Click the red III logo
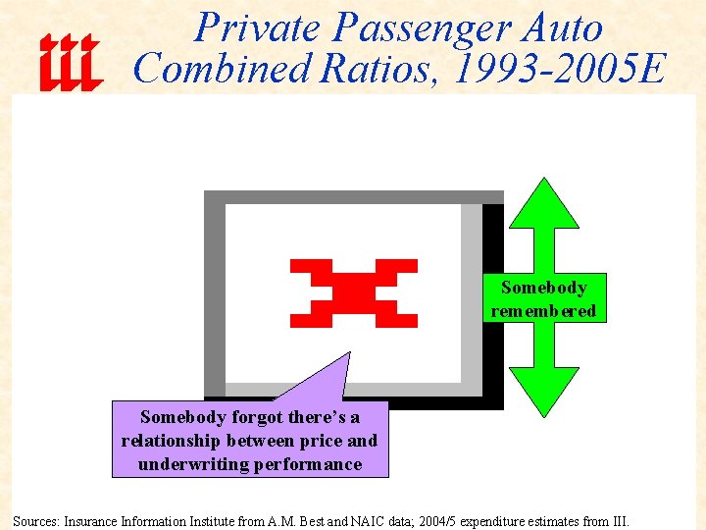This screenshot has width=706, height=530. click(x=70, y=62)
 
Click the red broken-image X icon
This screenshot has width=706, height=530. click(x=354, y=292)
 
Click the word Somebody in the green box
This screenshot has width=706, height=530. click(x=544, y=288)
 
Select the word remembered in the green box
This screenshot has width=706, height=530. click(x=544, y=311)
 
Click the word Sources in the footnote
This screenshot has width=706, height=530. click(x=35, y=520)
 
